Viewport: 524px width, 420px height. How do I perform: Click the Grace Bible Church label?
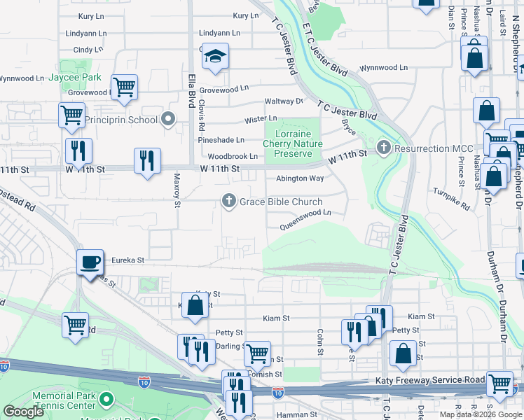[281, 202]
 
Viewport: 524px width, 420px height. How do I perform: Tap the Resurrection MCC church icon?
[382, 148]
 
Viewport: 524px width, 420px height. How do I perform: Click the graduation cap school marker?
[216, 58]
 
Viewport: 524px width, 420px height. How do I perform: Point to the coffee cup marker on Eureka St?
[90, 262]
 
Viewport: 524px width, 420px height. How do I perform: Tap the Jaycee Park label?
[75, 78]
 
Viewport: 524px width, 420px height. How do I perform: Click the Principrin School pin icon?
[167, 120]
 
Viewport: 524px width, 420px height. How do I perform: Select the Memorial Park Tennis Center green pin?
[106, 400]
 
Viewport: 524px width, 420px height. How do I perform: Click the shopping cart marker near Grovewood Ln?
[124, 87]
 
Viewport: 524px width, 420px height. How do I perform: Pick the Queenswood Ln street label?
[305, 225]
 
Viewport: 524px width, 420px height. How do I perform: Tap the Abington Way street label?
[299, 178]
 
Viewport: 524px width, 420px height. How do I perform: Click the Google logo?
[23, 412]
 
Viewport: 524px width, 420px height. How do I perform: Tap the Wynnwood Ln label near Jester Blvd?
[383, 68]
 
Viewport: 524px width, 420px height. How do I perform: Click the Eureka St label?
[126, 260]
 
